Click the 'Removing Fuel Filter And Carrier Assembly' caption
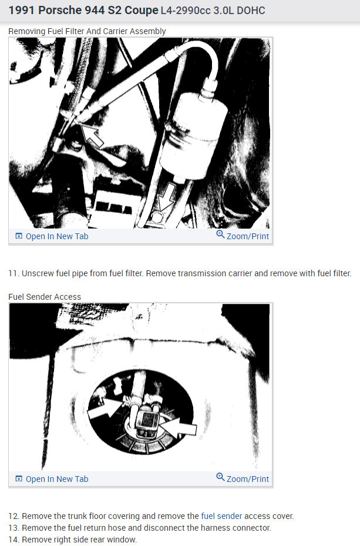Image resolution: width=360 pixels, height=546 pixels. [x=87, y=31]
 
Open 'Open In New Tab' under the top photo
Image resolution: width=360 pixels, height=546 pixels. [x=56, y=236]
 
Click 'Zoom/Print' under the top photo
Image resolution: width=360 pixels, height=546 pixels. [x=247, y=236]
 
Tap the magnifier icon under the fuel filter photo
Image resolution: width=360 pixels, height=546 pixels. [x=220, y=235]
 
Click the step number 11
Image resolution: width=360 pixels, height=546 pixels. [x=14, y=273]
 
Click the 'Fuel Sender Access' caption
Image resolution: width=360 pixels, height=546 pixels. [x=45, y=297]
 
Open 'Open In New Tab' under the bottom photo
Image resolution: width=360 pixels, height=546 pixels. [x=56, y=479]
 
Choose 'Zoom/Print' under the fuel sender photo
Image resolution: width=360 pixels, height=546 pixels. [x=247, y=479]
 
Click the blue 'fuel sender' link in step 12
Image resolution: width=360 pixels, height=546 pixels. [x=221, y=516]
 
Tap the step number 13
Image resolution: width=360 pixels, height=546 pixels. [x=14, y=528]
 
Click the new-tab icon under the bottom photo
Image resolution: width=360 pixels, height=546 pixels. [x=19, y=479]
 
